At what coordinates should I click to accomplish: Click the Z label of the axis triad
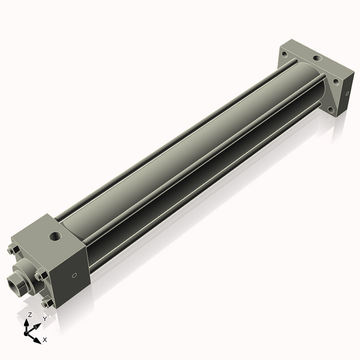pos(30,314)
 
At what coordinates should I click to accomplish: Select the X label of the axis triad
pos(45,340)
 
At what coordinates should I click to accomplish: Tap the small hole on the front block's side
pos(74,275)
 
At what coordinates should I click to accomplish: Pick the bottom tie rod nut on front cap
pos(46,303)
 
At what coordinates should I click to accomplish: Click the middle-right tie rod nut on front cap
pos(41,276)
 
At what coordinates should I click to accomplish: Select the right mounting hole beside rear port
pos(335,80)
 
